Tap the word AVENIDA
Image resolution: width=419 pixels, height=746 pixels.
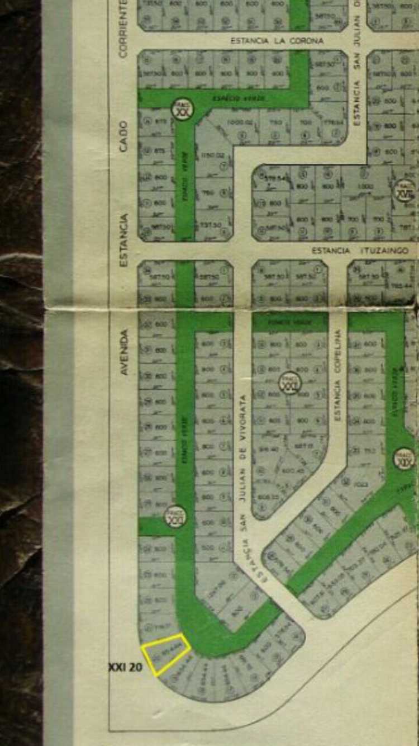[124, 352]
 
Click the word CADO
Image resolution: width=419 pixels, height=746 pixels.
[123, 136]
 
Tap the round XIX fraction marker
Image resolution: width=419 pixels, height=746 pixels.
[404, 459]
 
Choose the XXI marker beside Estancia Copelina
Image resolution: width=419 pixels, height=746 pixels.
[290, 383]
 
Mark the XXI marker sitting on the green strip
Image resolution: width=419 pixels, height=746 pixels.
[175, 517]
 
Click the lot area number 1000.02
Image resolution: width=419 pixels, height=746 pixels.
[240, 122]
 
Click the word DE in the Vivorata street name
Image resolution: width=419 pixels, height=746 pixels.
[243, 455]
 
